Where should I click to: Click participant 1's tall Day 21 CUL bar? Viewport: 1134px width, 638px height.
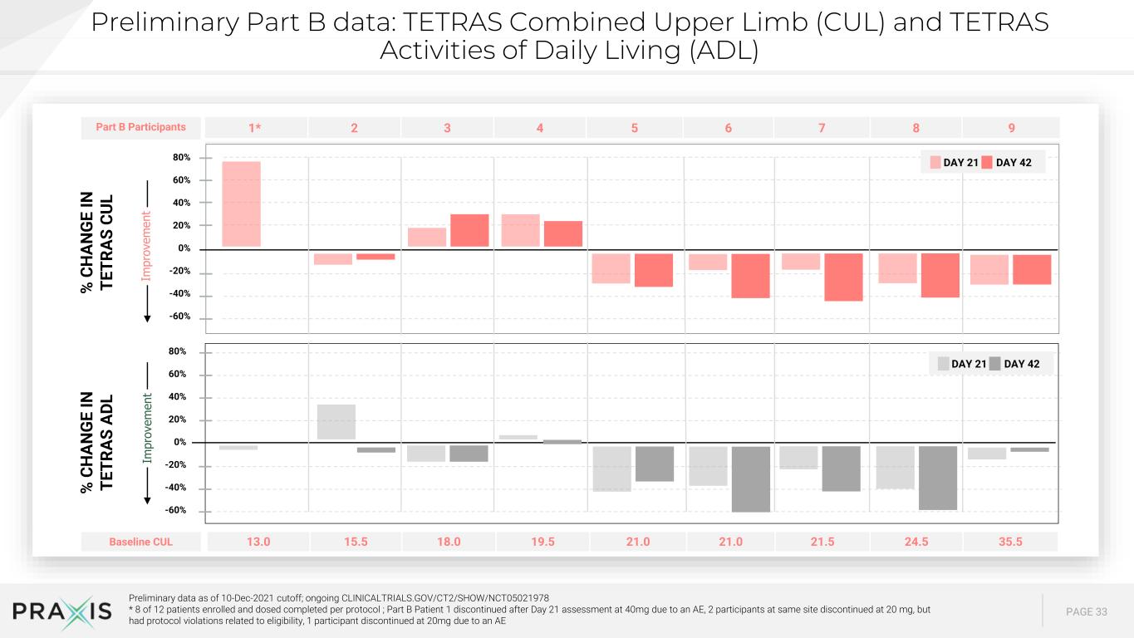click(242, 204)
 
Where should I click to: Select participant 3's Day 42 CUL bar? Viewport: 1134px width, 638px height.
click(470, 230)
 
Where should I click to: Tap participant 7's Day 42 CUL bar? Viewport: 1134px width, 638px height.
click(843, 277)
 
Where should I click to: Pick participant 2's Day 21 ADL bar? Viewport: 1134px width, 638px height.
click(336, 422)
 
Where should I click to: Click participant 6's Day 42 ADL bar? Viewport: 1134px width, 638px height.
click(751, 479)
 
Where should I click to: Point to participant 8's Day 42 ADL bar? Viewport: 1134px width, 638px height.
click(938, 478)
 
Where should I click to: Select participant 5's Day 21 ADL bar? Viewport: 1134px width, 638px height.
click(612, 469)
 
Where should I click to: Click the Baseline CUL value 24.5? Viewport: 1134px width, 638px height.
click(916, 542)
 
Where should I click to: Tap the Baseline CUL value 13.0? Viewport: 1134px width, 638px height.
click(258, 542)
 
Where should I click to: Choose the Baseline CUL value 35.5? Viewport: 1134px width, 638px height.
click(1010, 542)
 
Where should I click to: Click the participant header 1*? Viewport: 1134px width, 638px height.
click(255, 128)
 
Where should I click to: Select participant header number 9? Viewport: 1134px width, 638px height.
click(1012, 128)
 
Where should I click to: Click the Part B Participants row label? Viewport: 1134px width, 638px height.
click(140, 127)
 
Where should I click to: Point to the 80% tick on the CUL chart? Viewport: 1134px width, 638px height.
click(182, 158)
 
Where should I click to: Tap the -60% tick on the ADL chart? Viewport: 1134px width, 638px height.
click(175, 510)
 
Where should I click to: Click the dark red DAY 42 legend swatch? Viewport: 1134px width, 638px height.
click(987, 163)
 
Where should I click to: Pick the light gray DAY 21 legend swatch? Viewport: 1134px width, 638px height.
click(943, 364)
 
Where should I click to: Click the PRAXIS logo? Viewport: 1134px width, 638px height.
click(62, 611)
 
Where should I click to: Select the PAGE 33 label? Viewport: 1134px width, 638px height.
click(1087, 611)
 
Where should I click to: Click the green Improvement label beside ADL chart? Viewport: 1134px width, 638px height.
click(147, 428)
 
